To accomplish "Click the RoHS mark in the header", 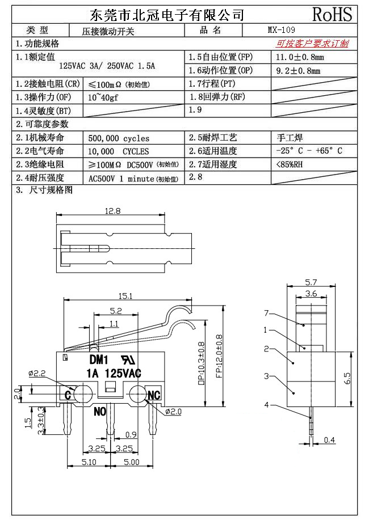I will point(332,14).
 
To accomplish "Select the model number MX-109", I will point(281,31).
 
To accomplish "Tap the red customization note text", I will point(312,44).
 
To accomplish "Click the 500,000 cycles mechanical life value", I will point(119,138).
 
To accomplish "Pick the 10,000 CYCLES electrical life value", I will point(119,151).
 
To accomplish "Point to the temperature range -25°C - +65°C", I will point(308,151).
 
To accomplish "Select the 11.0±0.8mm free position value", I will point(300,57).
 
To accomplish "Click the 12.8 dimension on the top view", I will point(112,211).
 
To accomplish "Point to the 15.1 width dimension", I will point(125,296).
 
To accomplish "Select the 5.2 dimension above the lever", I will point(115,311).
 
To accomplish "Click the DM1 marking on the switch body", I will point(98,359).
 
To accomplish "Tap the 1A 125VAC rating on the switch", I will point(114,372).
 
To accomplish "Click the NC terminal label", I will point(153,395).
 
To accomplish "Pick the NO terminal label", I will point(100,411).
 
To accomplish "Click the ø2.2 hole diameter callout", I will point(36,373).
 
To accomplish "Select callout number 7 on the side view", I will point(266,313).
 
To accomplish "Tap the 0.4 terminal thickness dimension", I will point(329,440).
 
